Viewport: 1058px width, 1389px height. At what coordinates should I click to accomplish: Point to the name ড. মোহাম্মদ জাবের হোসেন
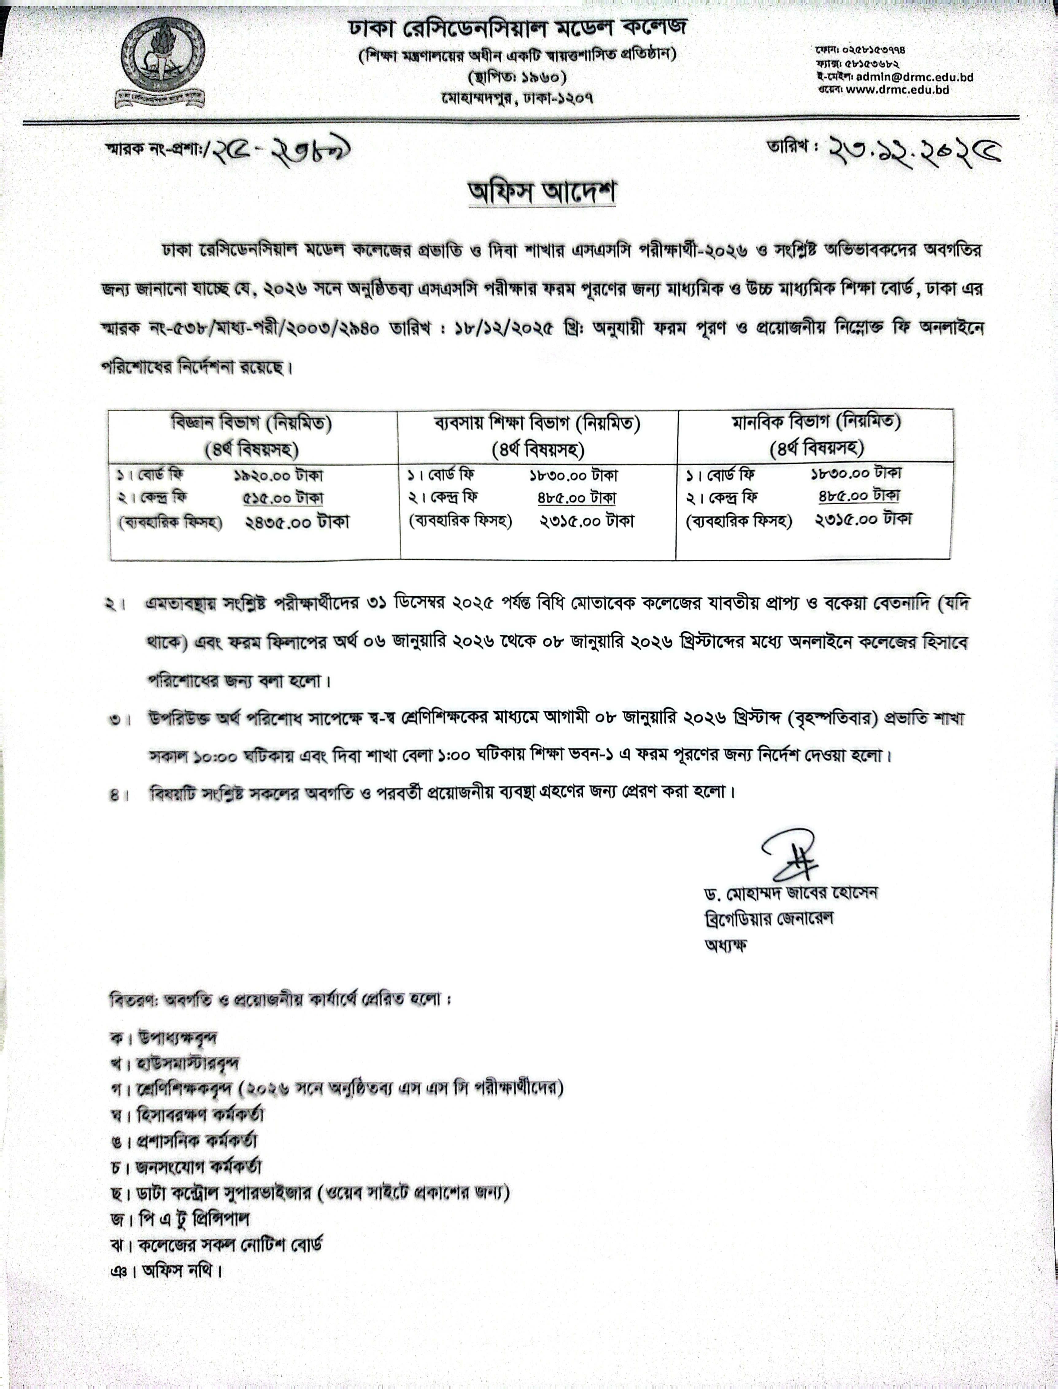[790, 893]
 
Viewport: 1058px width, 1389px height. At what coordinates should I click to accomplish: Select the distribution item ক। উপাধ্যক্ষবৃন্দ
[164, 1038]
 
